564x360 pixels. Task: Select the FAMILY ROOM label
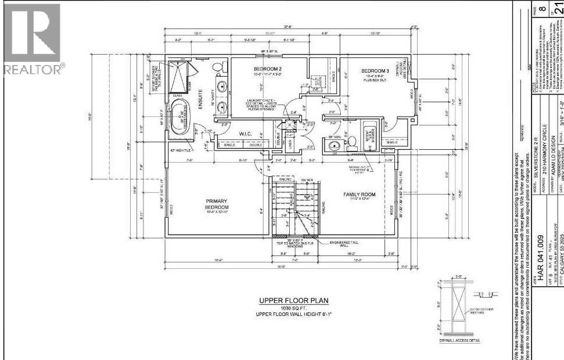359,195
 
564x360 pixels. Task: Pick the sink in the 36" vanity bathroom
333,146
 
